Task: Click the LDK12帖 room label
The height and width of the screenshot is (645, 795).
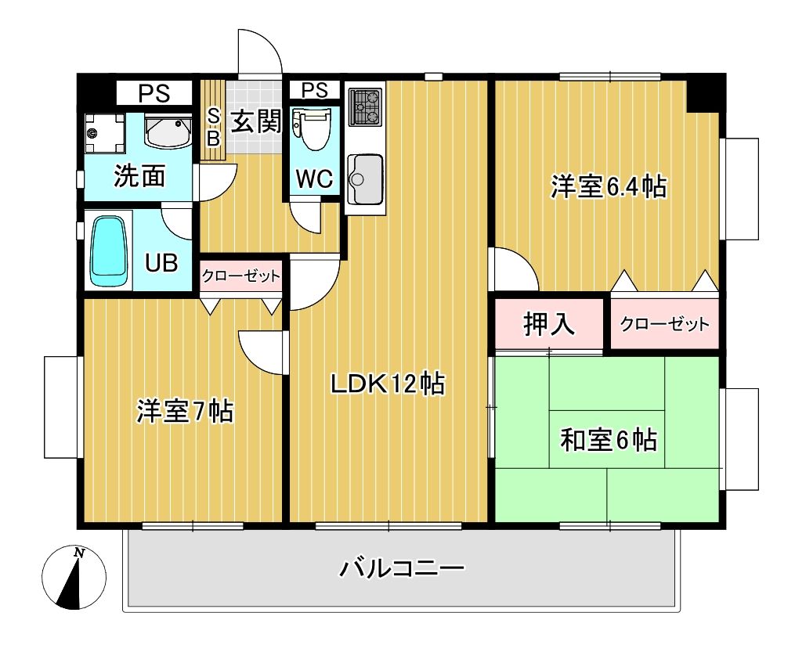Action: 387,384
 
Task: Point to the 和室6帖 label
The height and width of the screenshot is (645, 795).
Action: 608,440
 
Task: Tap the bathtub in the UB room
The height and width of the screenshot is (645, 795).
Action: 109,250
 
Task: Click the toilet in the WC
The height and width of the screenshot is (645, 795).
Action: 313,128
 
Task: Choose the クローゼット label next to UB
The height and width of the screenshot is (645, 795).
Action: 240,276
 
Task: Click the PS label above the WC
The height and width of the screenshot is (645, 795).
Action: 315,89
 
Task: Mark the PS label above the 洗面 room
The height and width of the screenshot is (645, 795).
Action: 154,94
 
